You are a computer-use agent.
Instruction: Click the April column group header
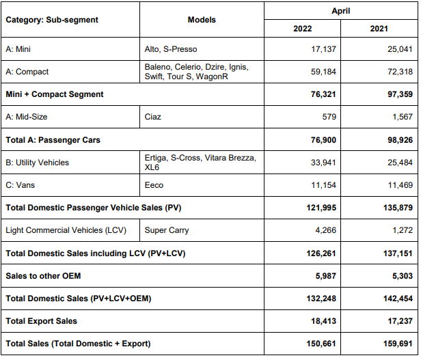coord(341,11)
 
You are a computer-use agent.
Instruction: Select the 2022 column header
coord(302,29)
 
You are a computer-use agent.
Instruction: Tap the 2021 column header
coord(379,29)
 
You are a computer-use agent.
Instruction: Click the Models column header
coord(202,20)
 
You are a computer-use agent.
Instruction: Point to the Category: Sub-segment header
coord(52,20)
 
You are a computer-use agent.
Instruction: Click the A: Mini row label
coord(18,49)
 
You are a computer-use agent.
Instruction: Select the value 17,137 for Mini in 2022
coord(323,49)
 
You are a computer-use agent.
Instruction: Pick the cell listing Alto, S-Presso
coord(171,49)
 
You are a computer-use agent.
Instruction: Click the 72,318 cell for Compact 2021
coord(400,72)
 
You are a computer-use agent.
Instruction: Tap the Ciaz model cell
coord(153,117)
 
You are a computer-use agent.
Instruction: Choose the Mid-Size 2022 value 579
coord(329,117)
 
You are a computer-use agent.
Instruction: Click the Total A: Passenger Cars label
coord(53,140)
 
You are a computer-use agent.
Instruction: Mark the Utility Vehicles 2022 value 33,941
coord(323,163)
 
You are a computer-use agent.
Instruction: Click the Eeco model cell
coord(154,185)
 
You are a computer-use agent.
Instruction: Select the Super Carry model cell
coord(167,230)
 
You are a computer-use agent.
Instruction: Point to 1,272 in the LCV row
coord(403,230)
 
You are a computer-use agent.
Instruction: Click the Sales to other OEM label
coord(43,276)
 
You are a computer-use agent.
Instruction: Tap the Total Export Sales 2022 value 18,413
coord(323,321)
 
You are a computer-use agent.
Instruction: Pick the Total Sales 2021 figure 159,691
coord(398,344)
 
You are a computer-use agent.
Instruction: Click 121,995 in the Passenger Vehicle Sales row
coord(321,208)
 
